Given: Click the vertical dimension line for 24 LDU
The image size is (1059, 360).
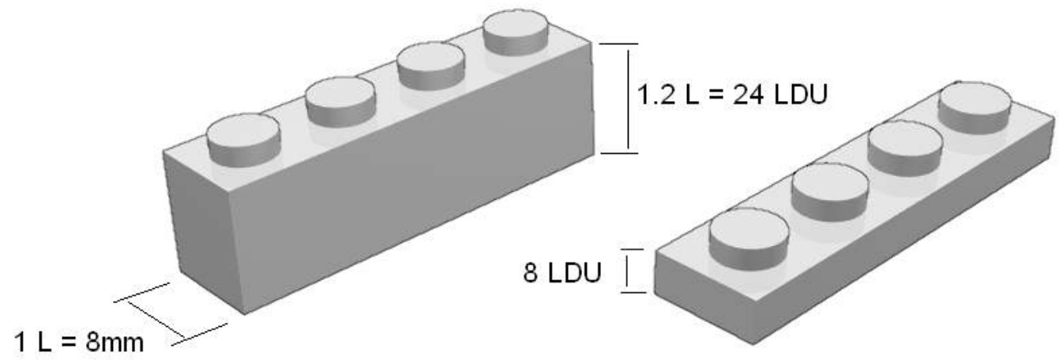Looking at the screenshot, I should click(628, 98).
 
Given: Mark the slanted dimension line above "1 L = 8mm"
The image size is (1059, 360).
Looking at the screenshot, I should click(171, 313).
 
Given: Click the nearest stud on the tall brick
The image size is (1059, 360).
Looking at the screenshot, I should click(243, 141).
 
